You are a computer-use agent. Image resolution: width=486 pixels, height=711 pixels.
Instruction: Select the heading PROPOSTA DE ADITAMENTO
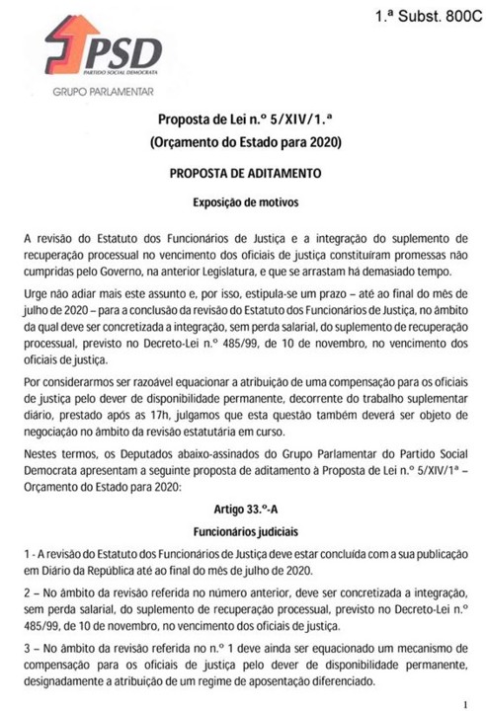[243, 175]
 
